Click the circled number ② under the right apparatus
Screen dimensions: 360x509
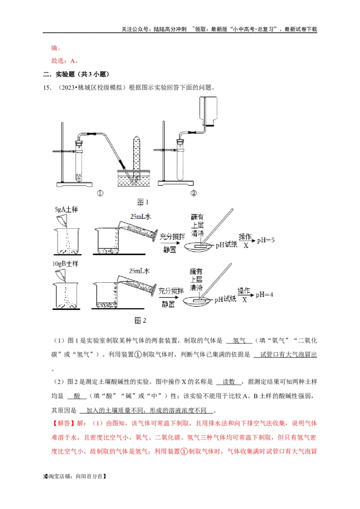pos(194,194)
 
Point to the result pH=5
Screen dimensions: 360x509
pos(265,241)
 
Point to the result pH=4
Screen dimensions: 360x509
pos(265,295)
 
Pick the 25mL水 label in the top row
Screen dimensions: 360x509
pos(140,217)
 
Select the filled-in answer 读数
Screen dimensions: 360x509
pos(229,382)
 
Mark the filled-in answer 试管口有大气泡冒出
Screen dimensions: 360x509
pos(285,355)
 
